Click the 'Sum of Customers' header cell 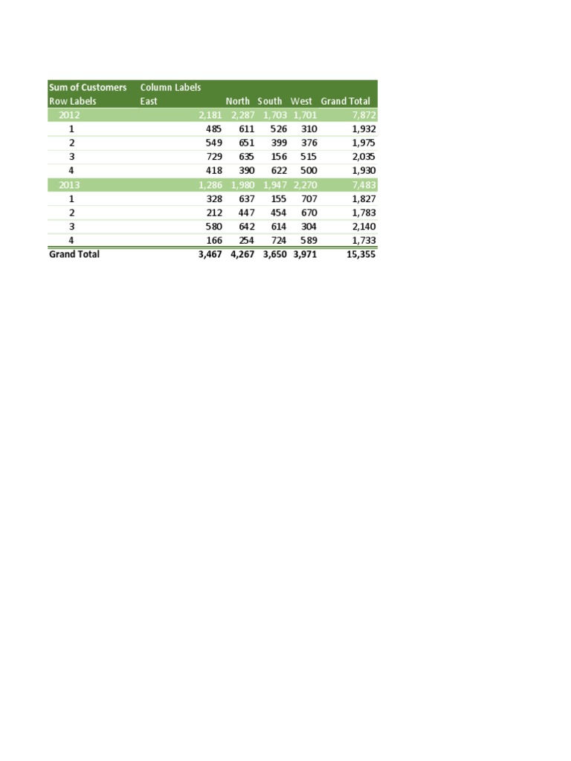(88, 88)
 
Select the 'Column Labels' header (170, 88)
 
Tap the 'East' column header (149, 101)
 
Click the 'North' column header (238, 101)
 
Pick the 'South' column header (270, 101)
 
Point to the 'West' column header (302, 101)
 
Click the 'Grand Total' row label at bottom (74, 254)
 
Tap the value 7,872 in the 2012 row (362, 115)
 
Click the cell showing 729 (213, 157)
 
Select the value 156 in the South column (278, 157)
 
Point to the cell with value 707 (308, 199)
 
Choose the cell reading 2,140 (362, 227)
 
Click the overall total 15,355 (360, 254)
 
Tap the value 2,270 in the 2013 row (305, 185)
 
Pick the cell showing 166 (213, 241)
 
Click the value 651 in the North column (245, 143)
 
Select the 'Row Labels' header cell (73, 101)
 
